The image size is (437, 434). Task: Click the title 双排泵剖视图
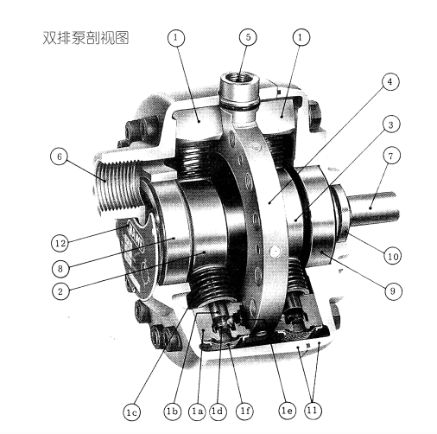coord(85,38)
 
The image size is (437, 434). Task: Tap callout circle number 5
coord(248,37)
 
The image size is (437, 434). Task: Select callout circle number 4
coord(390,82)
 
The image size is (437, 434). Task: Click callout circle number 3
coord(391,124)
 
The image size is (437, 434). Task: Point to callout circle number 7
coord(391,156)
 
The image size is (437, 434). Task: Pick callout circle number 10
coord(393,256)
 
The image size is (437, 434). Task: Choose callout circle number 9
coord(393,290)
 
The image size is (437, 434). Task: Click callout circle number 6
coord(60,156)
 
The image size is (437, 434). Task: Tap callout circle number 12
coord(60,243)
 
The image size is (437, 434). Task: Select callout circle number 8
coord(60,269)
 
